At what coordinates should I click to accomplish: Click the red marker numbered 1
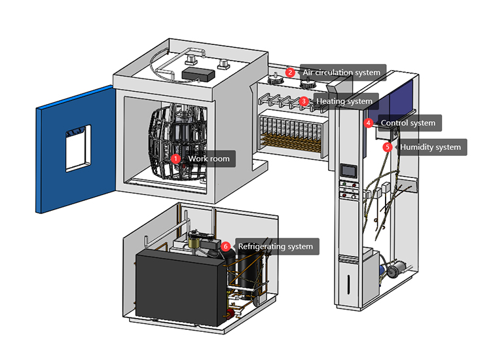(x=175, y=158)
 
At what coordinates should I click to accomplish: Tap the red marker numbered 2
(x=290, y=73)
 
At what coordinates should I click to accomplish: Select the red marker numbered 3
(x=304, y=101)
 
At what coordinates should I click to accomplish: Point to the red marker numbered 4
(x=369, y=122)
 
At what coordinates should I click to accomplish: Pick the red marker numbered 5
(x=388, y=147)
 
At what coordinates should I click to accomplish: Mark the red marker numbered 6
(x=226, y=247)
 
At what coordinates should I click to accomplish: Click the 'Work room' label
(x=208, y=158)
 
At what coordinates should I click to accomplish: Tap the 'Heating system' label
(x=344, y=101)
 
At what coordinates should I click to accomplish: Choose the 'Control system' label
(x=407, y=122)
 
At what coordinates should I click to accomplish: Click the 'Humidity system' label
(x=430, y=147)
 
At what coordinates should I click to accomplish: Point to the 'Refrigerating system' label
(x=275, y=247)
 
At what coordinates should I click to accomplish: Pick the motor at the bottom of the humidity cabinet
(x=395, y=269)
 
